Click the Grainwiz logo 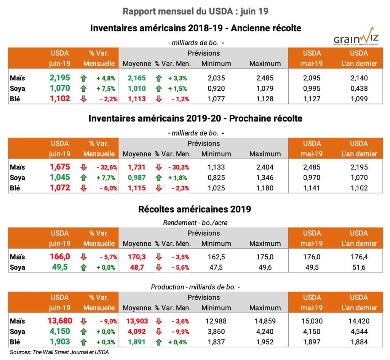point(355,37)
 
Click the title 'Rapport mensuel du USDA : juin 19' point(195,11)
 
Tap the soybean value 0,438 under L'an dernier point(359,88)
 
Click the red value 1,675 point(60,167)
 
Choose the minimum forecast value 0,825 point(216,178)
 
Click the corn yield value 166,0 point(60,257)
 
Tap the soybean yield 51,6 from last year point(359,267)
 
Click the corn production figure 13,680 point(60,321)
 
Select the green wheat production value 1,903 point(60,342)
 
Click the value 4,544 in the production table point(359,332)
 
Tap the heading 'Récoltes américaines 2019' point(195,209)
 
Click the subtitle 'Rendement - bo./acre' point(195,223)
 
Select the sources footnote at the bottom point(59,352)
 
